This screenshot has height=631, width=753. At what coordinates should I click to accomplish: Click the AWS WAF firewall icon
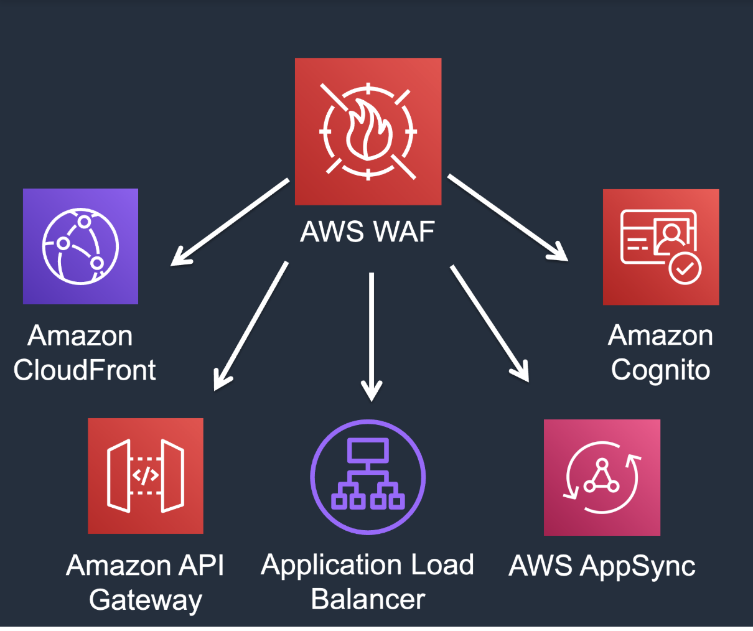(368, 131)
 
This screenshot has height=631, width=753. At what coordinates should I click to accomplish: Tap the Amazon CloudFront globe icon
(80, 246)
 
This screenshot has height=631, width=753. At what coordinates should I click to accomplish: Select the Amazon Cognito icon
(661, 247)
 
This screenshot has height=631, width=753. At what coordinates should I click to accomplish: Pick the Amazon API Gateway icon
(146, 476)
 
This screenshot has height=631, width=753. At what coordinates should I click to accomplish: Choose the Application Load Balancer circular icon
(368, 477)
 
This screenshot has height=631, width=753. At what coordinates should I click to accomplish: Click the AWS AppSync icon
(602, 477)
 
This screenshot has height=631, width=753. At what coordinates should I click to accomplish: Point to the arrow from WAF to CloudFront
(230, 222)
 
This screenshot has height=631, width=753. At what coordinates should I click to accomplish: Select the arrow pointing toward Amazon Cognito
(507, 217)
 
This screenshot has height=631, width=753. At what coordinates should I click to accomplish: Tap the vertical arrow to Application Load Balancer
(372, 336)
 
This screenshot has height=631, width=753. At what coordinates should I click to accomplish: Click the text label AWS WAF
(367, 231)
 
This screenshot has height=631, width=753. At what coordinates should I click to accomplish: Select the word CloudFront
(85, 370)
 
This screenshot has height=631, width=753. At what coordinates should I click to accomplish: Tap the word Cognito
(660, 370)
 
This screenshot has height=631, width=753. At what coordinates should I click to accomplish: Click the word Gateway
(146, 600)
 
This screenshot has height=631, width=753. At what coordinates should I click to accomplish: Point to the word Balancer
(368, 599)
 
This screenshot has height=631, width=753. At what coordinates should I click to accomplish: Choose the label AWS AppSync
(602, 566)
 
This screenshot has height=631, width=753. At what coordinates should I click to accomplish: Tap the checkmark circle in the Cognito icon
(685, 268)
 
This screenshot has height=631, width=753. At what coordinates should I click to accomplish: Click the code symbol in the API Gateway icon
(146, 476)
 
